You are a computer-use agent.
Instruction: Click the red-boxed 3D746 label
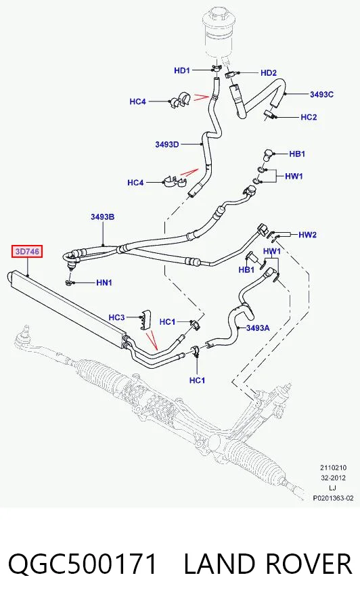click(x=27, y=252)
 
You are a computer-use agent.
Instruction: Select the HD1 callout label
click(x=182, y=70)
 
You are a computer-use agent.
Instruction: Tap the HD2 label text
click(x=269, y=72)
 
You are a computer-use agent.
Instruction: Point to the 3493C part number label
click(x=321, y=94)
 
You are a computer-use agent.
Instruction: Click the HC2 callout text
click(x=309, y=117)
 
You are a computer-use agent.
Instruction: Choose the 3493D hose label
click(x=167, y=145)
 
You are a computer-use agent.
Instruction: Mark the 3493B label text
click(x=103, y=217)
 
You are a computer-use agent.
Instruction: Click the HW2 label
click(x=308, y=235)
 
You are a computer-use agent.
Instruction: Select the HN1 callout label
click(x=104, y=282)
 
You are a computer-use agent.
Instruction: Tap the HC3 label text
click(x=116, y=317)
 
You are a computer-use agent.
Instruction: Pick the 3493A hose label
click(x=258, y=328)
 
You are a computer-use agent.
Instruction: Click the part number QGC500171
click(x=83, y=564)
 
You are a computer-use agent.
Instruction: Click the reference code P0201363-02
click(x=333, y=498)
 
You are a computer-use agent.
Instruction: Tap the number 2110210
click(x=333, y=468)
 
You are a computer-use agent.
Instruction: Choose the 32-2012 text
click(x=333, y=478)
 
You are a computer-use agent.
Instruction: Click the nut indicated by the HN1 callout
click(x=69, y=282)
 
